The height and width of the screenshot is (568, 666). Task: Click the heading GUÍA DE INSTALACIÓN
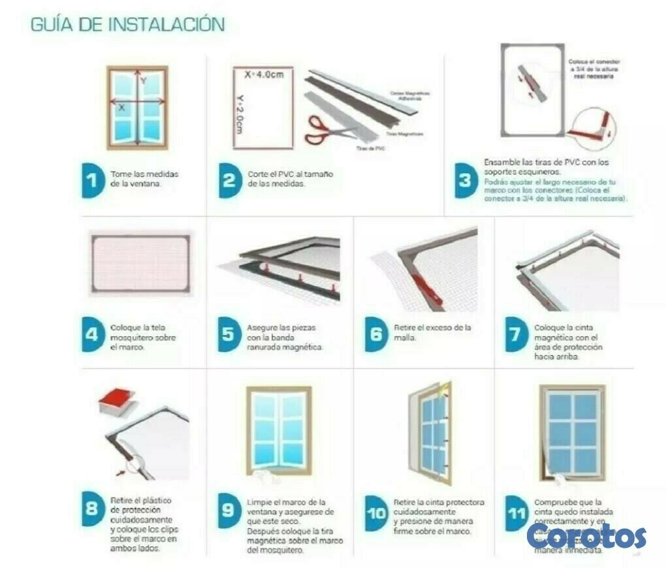(x=128, y=25)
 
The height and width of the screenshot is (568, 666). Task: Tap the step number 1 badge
(x=93, y=180)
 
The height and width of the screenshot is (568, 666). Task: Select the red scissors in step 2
(x=324, y=128)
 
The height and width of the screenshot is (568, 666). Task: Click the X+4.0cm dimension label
(x=264, y=75)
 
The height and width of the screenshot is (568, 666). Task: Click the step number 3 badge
(x=465, y=180)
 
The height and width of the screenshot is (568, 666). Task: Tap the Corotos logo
(x=586, y=535)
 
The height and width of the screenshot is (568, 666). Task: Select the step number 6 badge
(x=375, y=334)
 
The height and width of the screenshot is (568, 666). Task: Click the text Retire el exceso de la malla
(x=432, y=332)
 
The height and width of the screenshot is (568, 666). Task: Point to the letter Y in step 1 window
(x=143, y=80)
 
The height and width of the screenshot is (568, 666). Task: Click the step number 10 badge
(x=376, y=513)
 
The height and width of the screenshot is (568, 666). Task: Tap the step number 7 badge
(x=516, y=334)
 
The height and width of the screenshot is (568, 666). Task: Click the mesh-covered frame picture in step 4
(x=140, y=263)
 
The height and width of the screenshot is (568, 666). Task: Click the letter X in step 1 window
(x=121, y=108)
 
